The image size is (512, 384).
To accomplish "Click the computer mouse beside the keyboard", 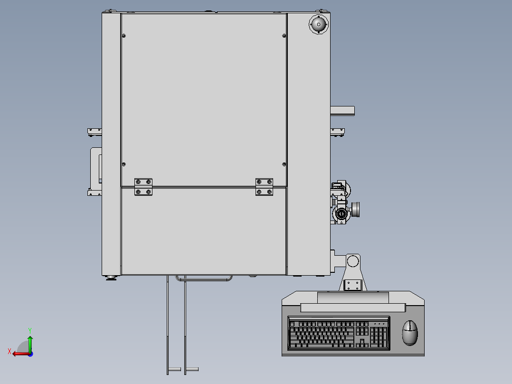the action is [410, 333].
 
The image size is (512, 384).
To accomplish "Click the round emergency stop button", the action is [319, 24].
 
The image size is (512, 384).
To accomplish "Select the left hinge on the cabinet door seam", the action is [143, 187].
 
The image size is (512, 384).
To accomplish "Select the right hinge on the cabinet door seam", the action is [264, 187].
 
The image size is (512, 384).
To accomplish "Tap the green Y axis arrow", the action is [30, 344].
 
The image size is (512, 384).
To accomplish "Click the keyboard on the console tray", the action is [339, 333].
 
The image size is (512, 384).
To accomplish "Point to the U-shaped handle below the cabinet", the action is [204, 278].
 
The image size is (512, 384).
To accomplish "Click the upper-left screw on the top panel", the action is [124, 36].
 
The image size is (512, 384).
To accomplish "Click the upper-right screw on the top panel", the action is [284, 36].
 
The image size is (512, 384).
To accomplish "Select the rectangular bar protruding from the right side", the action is [342, 111].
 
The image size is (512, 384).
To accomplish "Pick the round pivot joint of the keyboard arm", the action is [352, 261].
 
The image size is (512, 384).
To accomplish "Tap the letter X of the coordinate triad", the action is [9, 352].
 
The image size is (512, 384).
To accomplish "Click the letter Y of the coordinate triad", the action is [30, 330].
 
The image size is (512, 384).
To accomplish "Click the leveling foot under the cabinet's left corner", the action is [111, 278].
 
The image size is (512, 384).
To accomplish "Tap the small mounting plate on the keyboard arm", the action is [352, 285].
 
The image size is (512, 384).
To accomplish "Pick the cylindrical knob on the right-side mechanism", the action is [355, 210].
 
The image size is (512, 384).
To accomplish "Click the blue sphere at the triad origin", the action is [30, 354].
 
